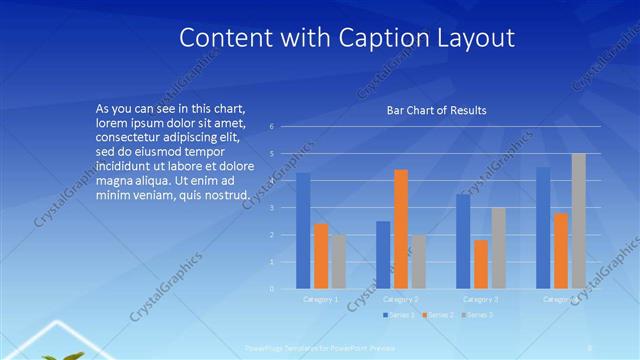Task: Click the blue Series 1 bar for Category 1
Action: (x=303, y=231)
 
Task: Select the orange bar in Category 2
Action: (x=400, y=229)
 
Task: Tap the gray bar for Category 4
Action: (x=579, y=221)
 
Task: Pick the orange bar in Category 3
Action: (x=480, y=264)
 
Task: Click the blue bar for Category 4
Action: (x=543, y=228)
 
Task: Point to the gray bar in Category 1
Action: (x=339, y=262)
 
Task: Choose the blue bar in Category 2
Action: (x=383, y=255)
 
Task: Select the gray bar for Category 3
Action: (x=498, y=248)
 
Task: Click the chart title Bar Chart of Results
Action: (x=437, y=110)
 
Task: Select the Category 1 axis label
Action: (x=321, y=299)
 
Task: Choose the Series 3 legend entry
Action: (x=477, y=315)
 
